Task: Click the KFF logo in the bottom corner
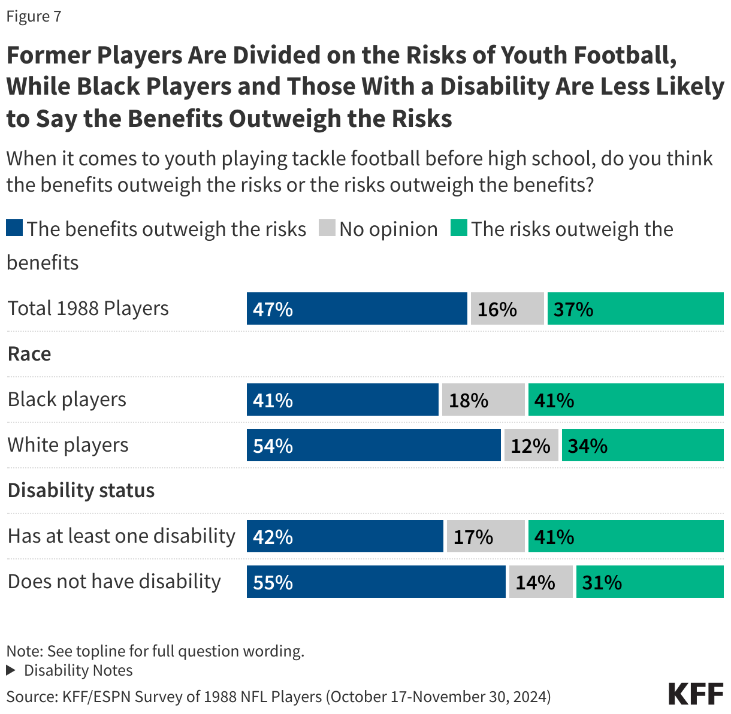[696, 694]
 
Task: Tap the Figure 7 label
[34, 16]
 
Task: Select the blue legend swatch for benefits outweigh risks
[15, 228]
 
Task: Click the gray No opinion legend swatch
[327, 228]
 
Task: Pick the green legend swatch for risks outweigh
[458, 228]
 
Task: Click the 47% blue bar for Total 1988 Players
[357, 308]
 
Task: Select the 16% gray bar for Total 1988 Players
[507, 308]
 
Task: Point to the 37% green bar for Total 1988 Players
[635, 308]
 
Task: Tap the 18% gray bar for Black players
[483, 400]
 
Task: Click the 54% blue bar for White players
[373, 445]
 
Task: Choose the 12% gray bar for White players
[531, 445]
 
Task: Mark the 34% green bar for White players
[642, 445]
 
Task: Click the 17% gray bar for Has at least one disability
[485, 536]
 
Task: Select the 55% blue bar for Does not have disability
[376, 582]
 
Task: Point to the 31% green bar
[650, 582]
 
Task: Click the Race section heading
[29, 354]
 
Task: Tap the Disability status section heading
[81, 491]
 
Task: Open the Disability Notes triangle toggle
[10, 670]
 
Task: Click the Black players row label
[67, 400]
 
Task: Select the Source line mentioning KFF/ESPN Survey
[279, 697]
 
